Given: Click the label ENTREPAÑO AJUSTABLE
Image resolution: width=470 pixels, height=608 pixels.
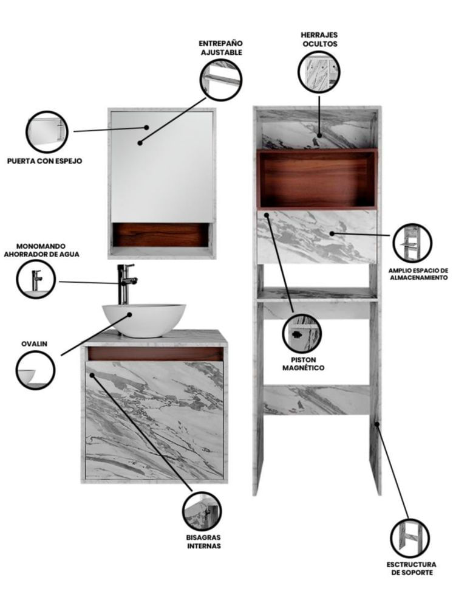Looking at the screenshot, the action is (221, 47).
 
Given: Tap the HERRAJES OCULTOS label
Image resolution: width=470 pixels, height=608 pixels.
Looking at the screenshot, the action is (319, 39).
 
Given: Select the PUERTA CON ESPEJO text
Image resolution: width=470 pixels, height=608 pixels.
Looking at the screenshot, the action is (44, 161).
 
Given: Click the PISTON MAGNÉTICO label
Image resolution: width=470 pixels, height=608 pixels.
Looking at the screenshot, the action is (303, 364).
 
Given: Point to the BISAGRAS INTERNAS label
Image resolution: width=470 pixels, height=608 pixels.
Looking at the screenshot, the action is (203, 542).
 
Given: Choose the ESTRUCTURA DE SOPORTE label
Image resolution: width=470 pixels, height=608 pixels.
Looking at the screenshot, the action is (411, 568).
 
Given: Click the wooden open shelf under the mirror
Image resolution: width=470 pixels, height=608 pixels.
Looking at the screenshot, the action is (160, 235).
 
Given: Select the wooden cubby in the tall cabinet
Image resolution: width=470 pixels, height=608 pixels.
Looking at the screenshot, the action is (317, 179).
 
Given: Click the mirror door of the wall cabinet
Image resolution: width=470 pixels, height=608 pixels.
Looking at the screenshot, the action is (162, 167).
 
